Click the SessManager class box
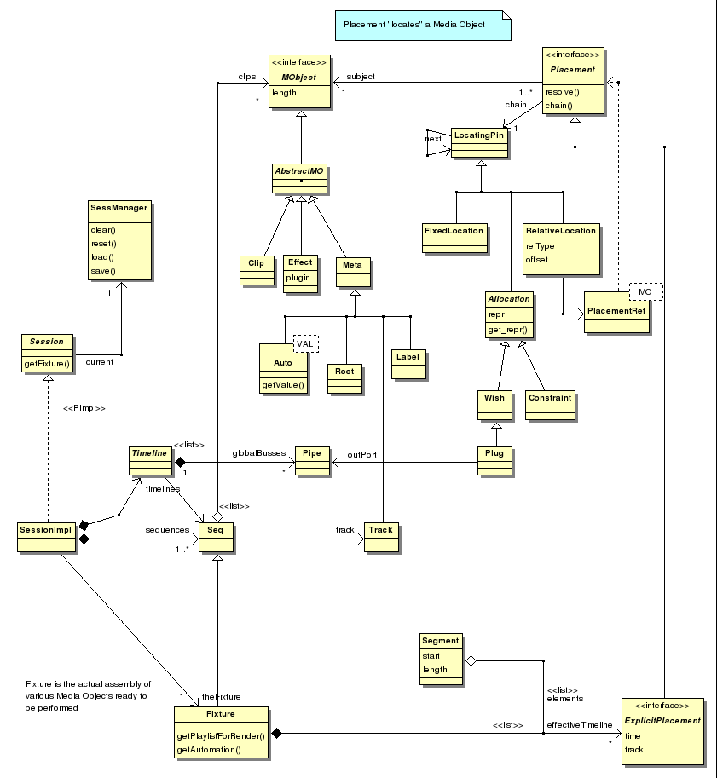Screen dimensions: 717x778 [119, 240]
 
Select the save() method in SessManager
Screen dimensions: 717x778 [103, 271]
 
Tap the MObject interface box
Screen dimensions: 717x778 [299, 81]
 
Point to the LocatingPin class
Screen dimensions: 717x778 [480, 143]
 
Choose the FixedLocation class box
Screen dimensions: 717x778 [454, 238]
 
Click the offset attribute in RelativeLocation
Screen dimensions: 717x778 [537, 260]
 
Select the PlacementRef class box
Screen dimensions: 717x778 [616, 312]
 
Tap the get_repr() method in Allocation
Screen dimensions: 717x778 [507, 330]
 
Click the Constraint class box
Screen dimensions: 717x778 [550, 406]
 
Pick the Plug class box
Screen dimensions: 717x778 [494, 461]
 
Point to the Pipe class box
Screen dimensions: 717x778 [312, 461]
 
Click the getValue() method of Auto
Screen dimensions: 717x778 [283, 385]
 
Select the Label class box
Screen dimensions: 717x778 [408, 365]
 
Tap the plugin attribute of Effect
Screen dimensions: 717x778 [298, 278]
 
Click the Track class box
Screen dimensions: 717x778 [381, 538]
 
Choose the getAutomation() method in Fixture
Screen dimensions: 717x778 [209, 750]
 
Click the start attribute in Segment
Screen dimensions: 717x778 [431, 656]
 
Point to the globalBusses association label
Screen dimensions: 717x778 [258, 453]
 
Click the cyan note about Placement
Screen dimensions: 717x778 [423, 26]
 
